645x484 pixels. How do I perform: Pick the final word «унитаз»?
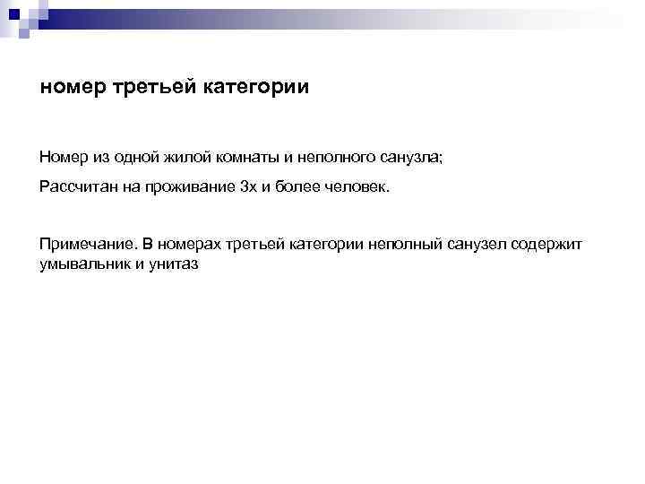tap(171, 264)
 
